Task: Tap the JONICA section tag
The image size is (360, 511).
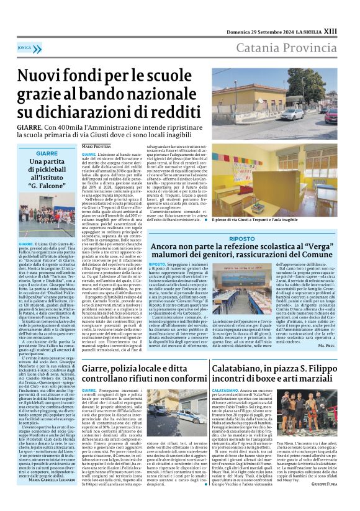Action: pos(25,47)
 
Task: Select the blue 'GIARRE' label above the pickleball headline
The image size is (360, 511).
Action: pos(47,153)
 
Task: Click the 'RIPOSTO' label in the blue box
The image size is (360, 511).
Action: pos(241,238)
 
